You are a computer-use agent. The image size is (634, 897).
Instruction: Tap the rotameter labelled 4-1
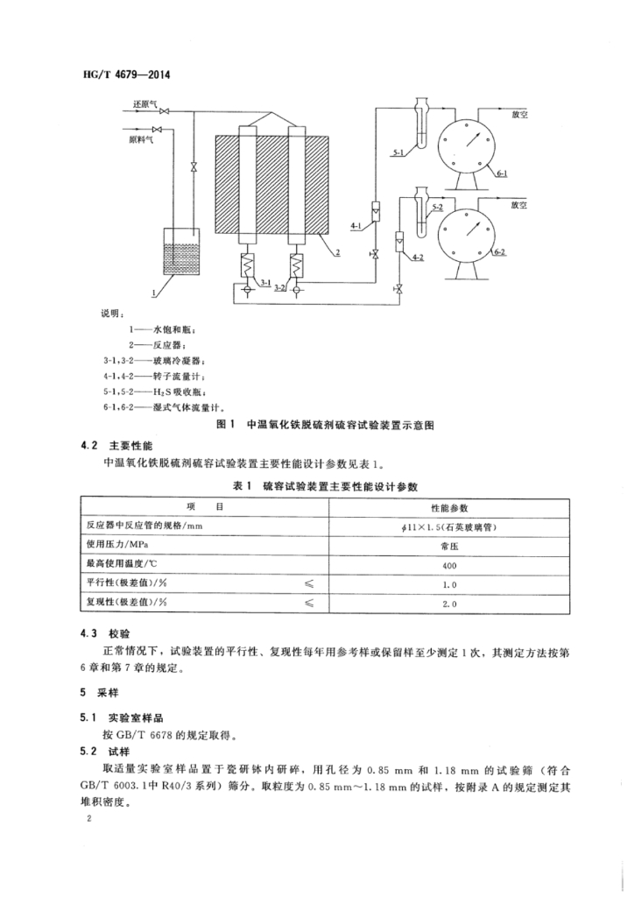coord(374,212)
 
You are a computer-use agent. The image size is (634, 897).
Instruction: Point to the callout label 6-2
coord(502,252)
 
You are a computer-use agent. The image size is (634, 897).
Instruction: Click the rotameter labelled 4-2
coord(399,237)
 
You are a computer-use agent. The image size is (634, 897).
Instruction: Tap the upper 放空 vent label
coord(519,113)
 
